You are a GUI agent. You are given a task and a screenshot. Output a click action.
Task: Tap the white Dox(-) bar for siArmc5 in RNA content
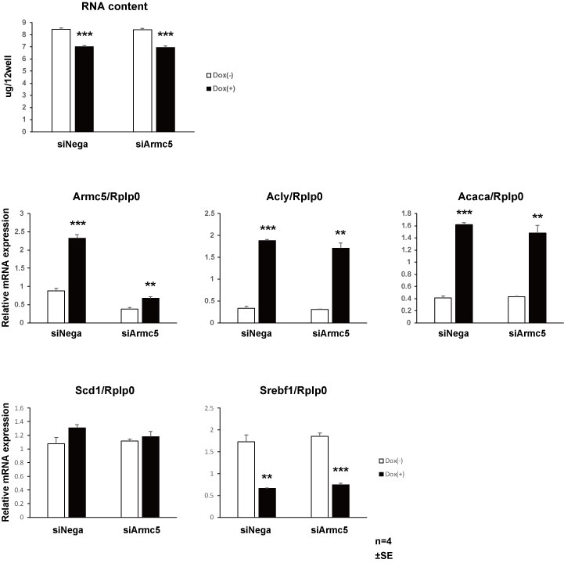142,81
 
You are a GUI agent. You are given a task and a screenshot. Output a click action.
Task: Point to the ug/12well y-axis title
9,66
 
